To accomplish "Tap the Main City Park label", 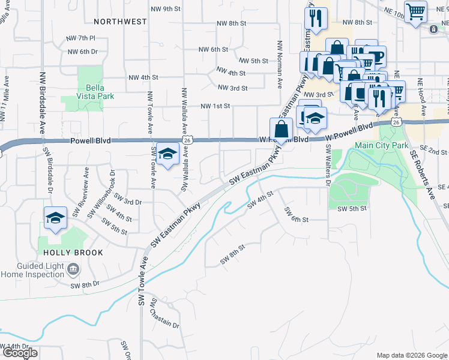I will pyautogui.click(x=381, y=145).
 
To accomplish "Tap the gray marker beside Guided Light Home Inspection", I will pyautogui.click(x=73, y=268).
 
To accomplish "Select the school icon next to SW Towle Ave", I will pyautogui.click(x=169, y=154).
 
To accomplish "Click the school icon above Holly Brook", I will pyautogui.click(x=55, y=218).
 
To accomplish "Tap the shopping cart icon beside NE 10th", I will pyautogui.click(x=415, y=11).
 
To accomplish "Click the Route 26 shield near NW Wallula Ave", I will pyautogui.click(x=188, y=139).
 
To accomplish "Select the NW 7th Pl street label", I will pyautogui.click(x=82, y=38).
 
